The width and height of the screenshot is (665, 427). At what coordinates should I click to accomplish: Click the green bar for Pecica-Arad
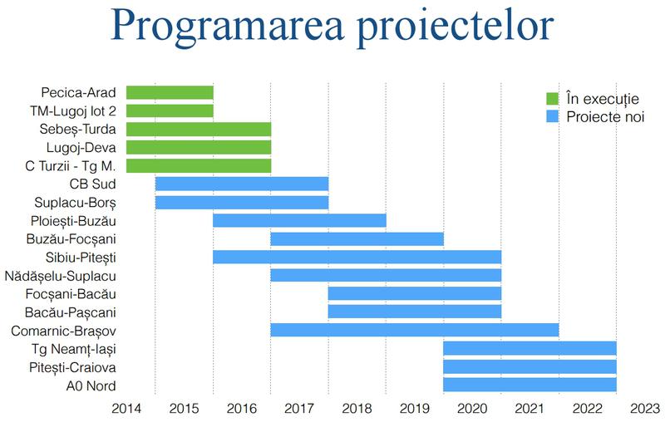(170, 92)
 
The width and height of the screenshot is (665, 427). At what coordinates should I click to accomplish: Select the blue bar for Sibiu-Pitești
(357, 257)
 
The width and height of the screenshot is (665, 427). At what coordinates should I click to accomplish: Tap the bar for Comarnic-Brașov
(414, 330)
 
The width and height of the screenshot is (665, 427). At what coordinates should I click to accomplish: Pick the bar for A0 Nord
(530, 385)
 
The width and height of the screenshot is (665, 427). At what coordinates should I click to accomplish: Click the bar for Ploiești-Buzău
(299, 220)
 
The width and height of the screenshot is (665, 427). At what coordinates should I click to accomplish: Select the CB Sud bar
(241, 184)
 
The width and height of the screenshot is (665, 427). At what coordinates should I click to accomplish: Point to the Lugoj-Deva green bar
(199, 147)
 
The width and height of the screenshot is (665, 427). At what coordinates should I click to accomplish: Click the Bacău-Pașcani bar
(414, 312)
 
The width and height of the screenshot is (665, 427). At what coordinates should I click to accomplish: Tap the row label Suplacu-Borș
(76, 202)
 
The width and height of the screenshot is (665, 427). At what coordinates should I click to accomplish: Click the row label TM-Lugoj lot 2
(76, 110)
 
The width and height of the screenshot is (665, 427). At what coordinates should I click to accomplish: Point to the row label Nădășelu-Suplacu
(61, 275)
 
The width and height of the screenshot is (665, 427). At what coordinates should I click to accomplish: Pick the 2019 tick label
(414, 409)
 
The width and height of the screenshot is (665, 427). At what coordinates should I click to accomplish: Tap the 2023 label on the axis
(645, 409)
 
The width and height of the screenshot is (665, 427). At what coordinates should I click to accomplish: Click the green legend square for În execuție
(551, 98)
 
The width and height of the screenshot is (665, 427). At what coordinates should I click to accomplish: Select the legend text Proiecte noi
(605, 116)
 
